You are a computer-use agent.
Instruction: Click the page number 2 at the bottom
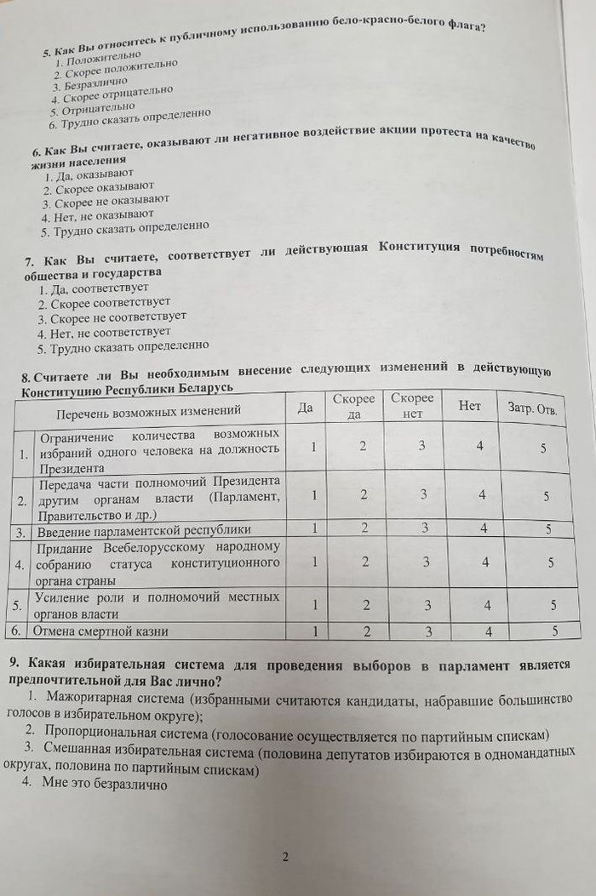(285, 857)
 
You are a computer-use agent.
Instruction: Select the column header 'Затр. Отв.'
(533, 409)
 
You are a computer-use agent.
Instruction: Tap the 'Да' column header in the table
(305, 407)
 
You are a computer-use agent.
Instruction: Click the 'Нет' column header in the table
(469, 406)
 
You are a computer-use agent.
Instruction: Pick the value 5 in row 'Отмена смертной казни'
(554, 631)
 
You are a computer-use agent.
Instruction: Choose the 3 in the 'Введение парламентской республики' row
(423, 528)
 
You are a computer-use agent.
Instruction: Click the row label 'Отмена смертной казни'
(100, 631)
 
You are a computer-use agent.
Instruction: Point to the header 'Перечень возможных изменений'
(149, 413)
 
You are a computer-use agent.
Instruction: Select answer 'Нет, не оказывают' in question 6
(103, 215)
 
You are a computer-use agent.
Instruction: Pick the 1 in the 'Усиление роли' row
(315, 605)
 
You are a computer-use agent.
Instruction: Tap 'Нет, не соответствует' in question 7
(104, 332)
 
